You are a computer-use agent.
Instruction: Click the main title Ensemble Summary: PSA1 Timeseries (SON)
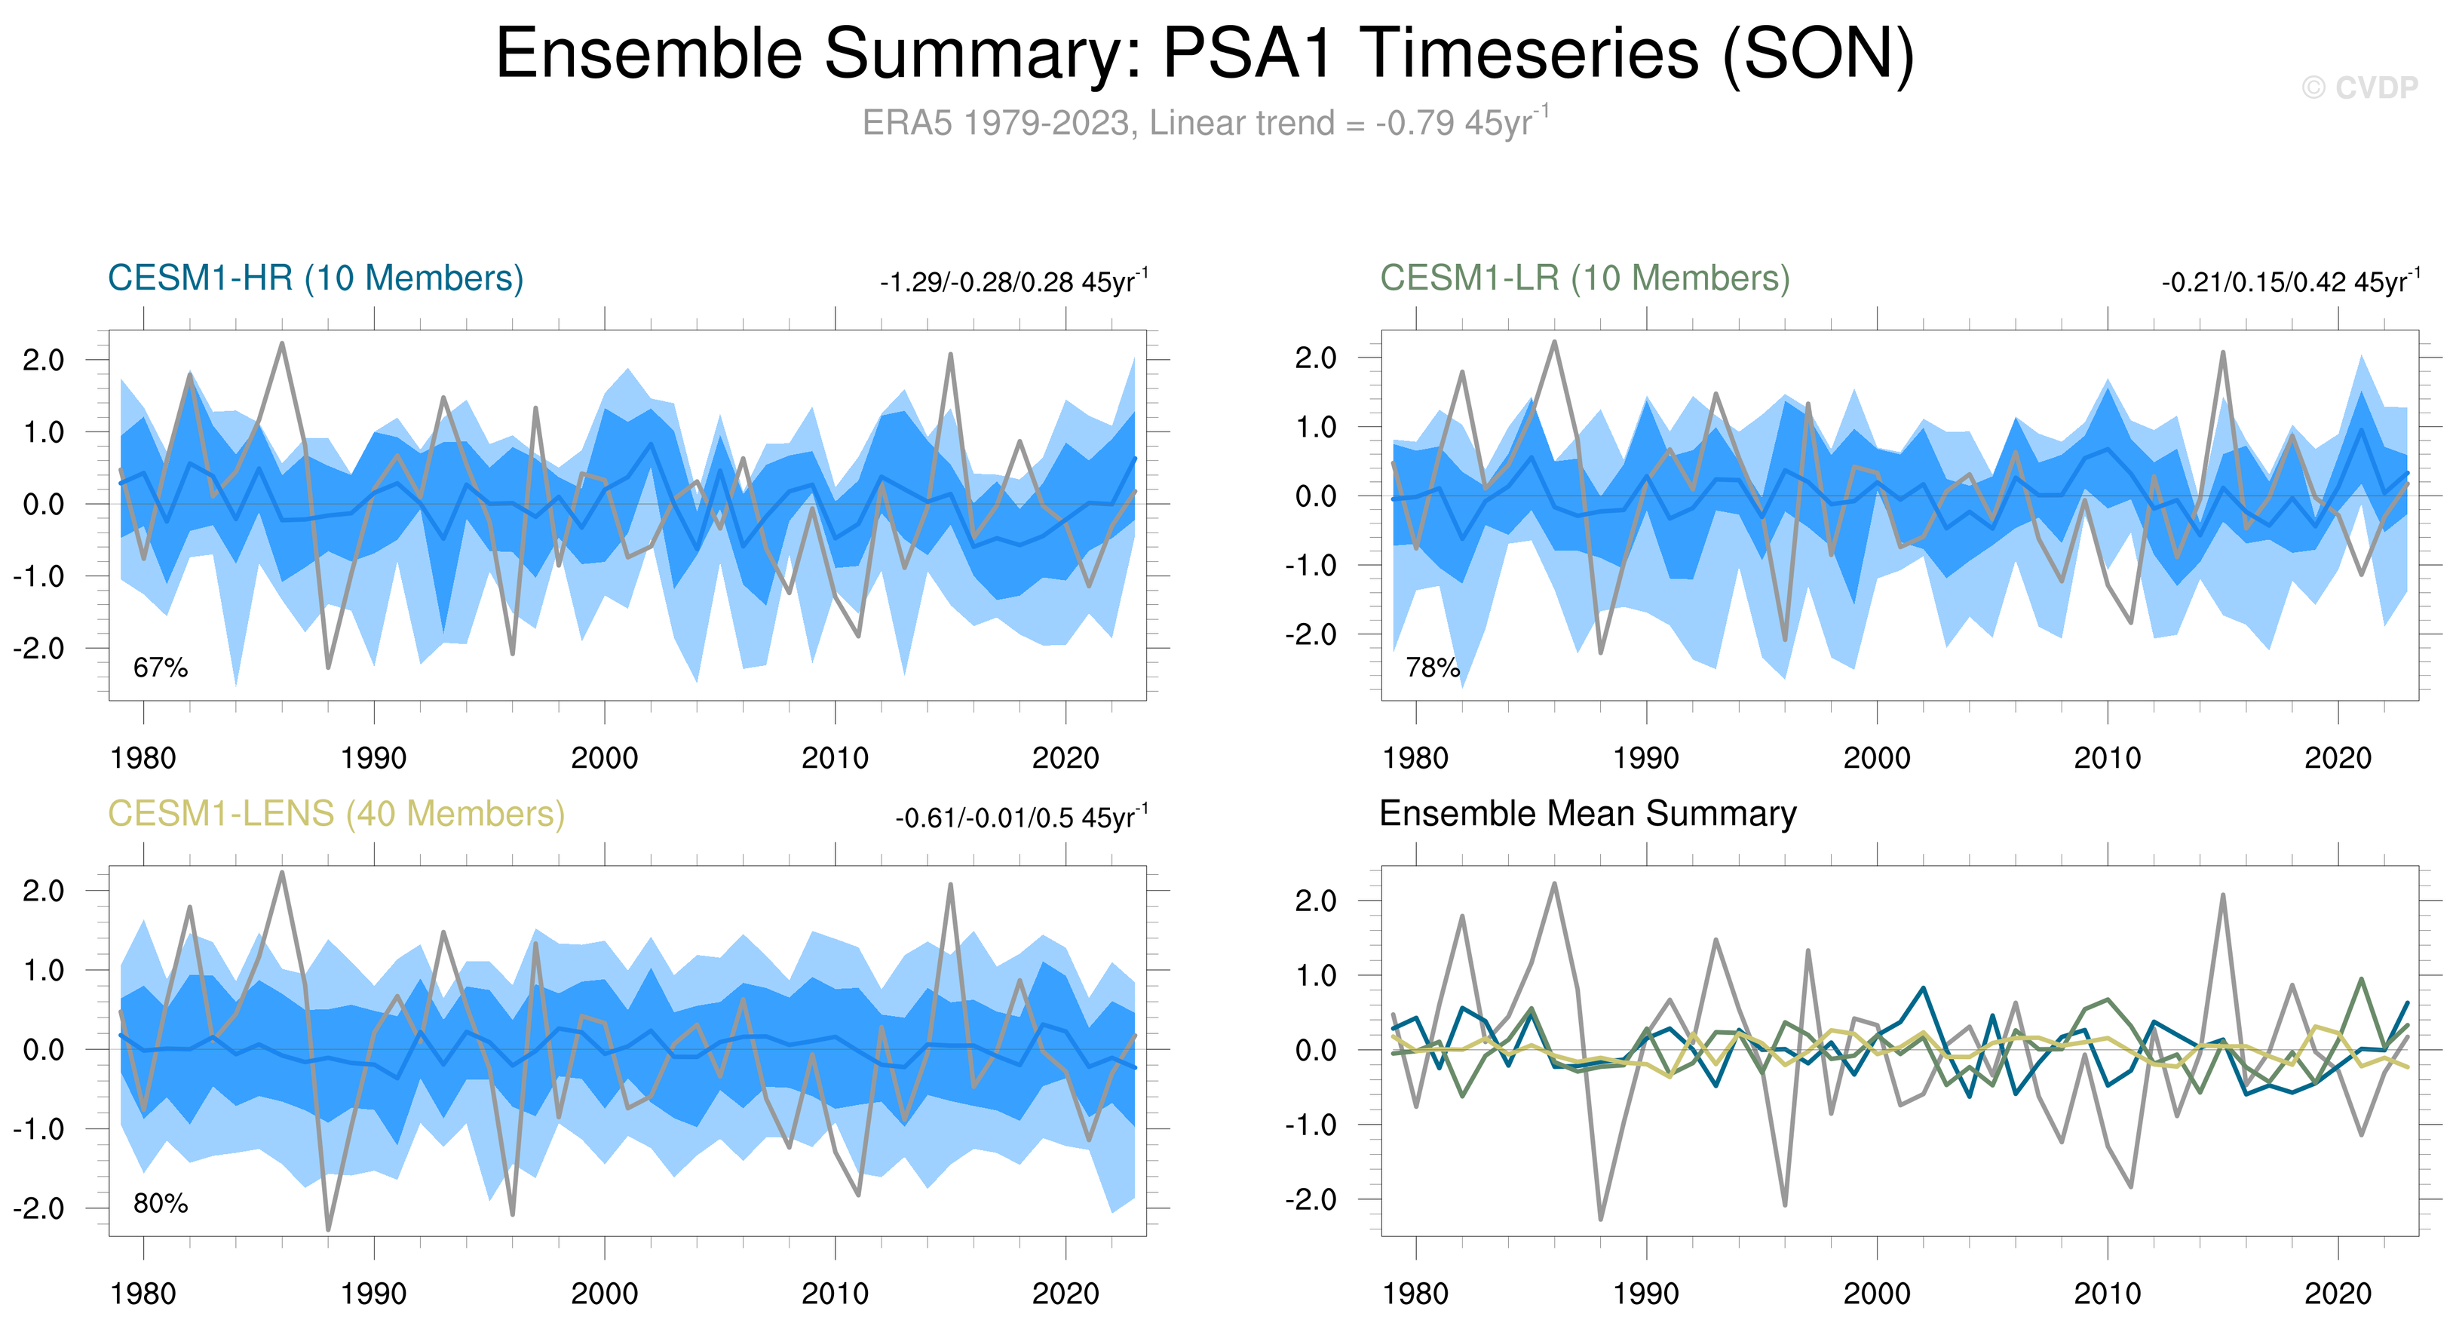(1204, 54)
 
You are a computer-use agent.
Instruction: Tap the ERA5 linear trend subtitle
(1204, 123)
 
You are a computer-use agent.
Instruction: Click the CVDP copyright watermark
(2359, 87)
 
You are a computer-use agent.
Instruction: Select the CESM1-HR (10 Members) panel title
(316, 278)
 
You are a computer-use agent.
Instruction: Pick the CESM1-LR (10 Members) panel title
(1584, 278)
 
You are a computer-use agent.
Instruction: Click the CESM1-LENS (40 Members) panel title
(336, 814)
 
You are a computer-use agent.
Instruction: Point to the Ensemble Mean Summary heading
(1587, 814)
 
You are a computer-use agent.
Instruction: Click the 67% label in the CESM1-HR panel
(160, 668)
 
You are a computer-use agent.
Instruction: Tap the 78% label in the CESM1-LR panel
(1432, 668)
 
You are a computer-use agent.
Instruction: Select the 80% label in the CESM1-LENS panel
(160, 1203)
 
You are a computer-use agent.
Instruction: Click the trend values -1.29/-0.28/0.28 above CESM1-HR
(1013, 282)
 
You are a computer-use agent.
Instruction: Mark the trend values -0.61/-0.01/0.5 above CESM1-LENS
(1021, 818)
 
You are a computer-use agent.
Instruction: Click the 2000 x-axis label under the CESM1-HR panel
(605, 759)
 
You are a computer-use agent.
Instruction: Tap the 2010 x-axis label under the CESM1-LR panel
(2107, 759)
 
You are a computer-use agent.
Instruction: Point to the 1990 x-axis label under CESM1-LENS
(374, 1294)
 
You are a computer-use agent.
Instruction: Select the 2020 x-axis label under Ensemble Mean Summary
(2338, 1294)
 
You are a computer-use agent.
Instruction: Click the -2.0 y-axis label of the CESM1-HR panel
(38, 649)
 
